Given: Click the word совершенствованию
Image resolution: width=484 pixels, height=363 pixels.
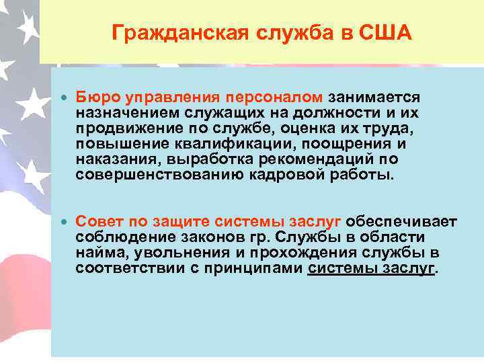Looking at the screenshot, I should (153, 175).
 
